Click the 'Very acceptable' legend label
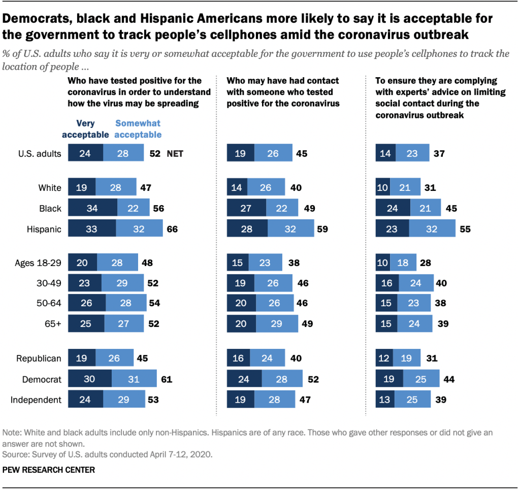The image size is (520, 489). (x=85, y=129)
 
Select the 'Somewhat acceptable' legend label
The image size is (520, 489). (x=138, y=129)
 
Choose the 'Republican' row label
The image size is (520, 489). (x=40, y=358)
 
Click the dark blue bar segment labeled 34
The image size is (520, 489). (x=92, y=208)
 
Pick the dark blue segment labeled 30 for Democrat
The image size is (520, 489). (x=90, y=379)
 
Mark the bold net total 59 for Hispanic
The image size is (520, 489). (x=322, y=229)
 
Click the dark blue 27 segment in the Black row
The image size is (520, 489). (x=246, y=208)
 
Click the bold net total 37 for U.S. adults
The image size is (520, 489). (x=439, y=154)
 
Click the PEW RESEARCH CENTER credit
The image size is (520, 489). (x=49, y=470)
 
